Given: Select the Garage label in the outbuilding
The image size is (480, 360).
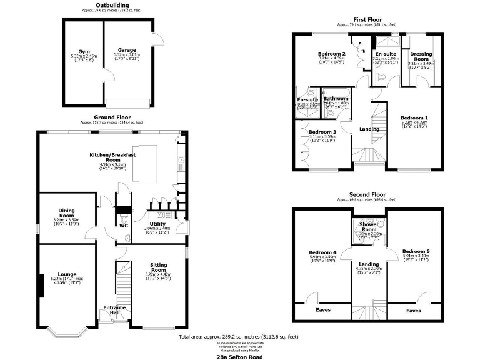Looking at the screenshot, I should pos(127,50).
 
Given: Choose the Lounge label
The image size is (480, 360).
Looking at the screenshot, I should pos(67,274).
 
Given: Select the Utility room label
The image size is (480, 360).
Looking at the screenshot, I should pos(157,223).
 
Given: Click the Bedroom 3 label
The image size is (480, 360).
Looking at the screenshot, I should pos(322,132).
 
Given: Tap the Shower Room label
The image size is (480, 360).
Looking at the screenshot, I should pos(372,226).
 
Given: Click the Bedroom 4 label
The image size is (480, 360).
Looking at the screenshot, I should pos(322,252).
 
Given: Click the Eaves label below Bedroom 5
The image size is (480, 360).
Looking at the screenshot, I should pos(413,310).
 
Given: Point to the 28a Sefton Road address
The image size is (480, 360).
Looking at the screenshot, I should pos(240,357).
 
